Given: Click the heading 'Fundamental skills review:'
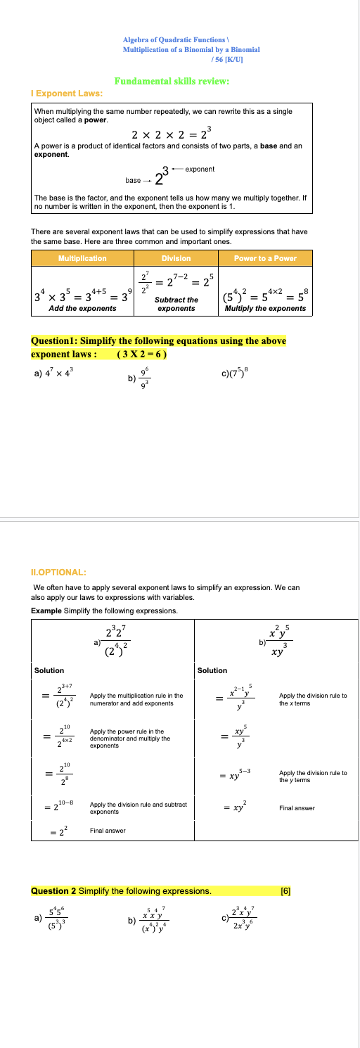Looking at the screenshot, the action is [172, 81].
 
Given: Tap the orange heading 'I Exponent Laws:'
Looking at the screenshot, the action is [67, 93].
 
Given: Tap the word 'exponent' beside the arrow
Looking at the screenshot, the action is [202, 169].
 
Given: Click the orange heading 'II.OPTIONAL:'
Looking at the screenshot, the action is [58, 572].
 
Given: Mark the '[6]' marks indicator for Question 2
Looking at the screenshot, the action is [285, 871].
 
